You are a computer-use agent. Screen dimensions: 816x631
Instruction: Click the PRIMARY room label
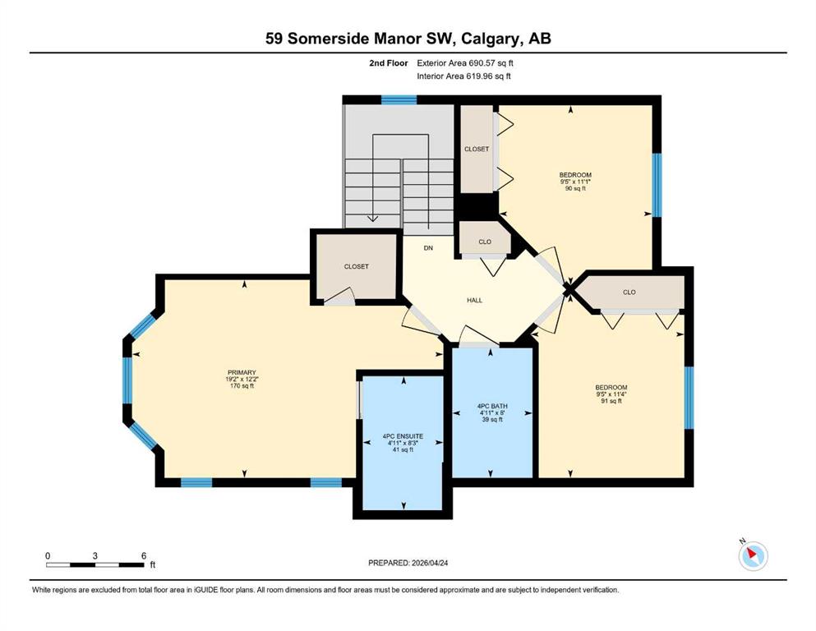(242, 372)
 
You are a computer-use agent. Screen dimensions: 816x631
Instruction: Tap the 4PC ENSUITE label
(403, 436)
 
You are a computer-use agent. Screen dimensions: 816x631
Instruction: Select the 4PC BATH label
(492, 406)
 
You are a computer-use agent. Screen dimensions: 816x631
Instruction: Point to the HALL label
(475, 300)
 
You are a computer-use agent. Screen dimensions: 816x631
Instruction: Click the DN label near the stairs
(428, 248)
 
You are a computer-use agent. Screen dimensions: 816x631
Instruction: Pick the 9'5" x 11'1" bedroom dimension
(575, 182)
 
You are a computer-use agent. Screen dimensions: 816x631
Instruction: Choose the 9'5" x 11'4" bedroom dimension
(611, 394)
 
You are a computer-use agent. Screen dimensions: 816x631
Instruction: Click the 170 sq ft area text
(242, 386)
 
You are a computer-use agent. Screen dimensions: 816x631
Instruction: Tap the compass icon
(753, 555)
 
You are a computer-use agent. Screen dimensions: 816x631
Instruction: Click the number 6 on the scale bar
(144, 555)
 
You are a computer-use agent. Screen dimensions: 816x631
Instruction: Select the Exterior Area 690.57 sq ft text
(465, 63)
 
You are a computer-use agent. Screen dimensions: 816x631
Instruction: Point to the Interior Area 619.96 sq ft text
(463, 76)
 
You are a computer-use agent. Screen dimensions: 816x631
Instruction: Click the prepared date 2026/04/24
(430, 563)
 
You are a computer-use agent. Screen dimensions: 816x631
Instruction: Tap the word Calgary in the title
(491, 39)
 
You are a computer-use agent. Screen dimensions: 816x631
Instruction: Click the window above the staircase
(399, 100)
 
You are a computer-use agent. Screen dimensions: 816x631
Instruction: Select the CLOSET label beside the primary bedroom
(357, 266)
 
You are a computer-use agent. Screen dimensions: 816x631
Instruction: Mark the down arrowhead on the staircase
(372, 219)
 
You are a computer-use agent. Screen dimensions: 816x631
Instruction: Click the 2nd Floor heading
(389, 63)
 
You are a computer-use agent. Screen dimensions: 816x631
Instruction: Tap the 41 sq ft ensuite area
(403, 449)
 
